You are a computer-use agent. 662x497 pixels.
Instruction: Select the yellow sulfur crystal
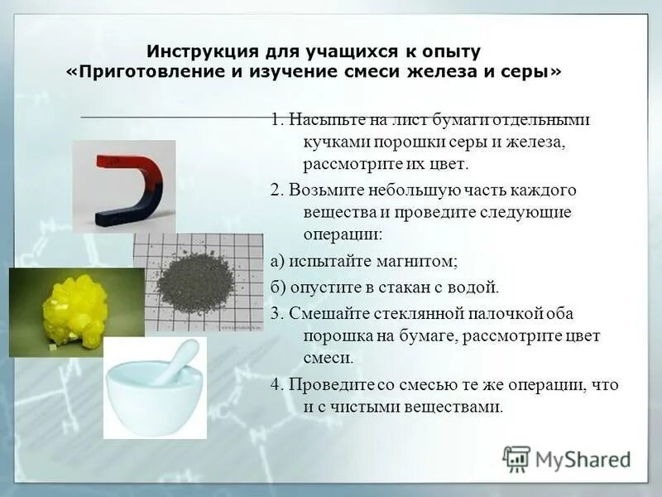tap(74, 307)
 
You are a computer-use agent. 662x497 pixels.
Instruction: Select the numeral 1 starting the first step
tap(275, 119)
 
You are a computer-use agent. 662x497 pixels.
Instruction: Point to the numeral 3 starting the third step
tap(275, 314)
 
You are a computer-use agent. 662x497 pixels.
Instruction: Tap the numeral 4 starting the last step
tap(275, 385)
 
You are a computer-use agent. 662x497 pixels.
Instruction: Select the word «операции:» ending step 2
tap(337, 234)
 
